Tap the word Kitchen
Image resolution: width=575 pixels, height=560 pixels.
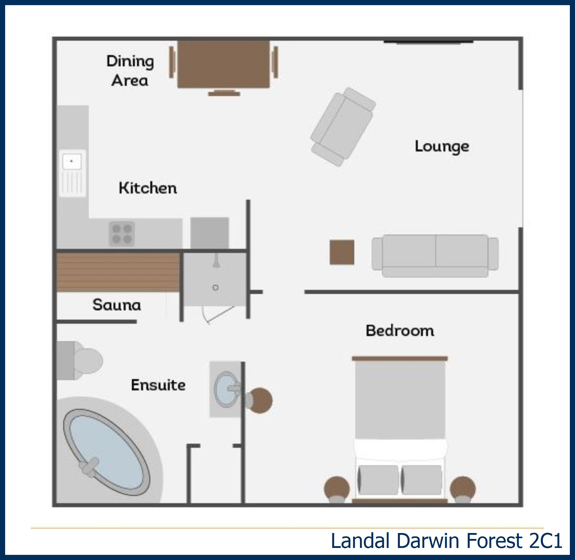[x=148, y=188]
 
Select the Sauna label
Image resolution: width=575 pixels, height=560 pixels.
[x=117, y=305]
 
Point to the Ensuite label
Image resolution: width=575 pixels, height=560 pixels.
[x=158, y=385]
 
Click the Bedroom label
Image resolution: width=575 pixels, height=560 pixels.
[x=400, y=331]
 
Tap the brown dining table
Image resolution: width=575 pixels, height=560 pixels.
[x=223, y=64]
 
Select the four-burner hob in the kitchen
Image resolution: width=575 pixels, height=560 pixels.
[x=122, y=234]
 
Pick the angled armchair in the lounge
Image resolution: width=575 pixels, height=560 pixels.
[x=343, y=127]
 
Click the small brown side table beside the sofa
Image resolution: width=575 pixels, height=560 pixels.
[x=342, y=252]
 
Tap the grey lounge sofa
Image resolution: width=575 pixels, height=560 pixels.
[x=435, y=256]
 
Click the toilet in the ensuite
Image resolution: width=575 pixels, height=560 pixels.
[x=79, y=361]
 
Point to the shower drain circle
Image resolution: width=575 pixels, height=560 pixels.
[x=215, y=288]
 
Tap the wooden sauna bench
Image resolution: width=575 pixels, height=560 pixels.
[x=118, y=272]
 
